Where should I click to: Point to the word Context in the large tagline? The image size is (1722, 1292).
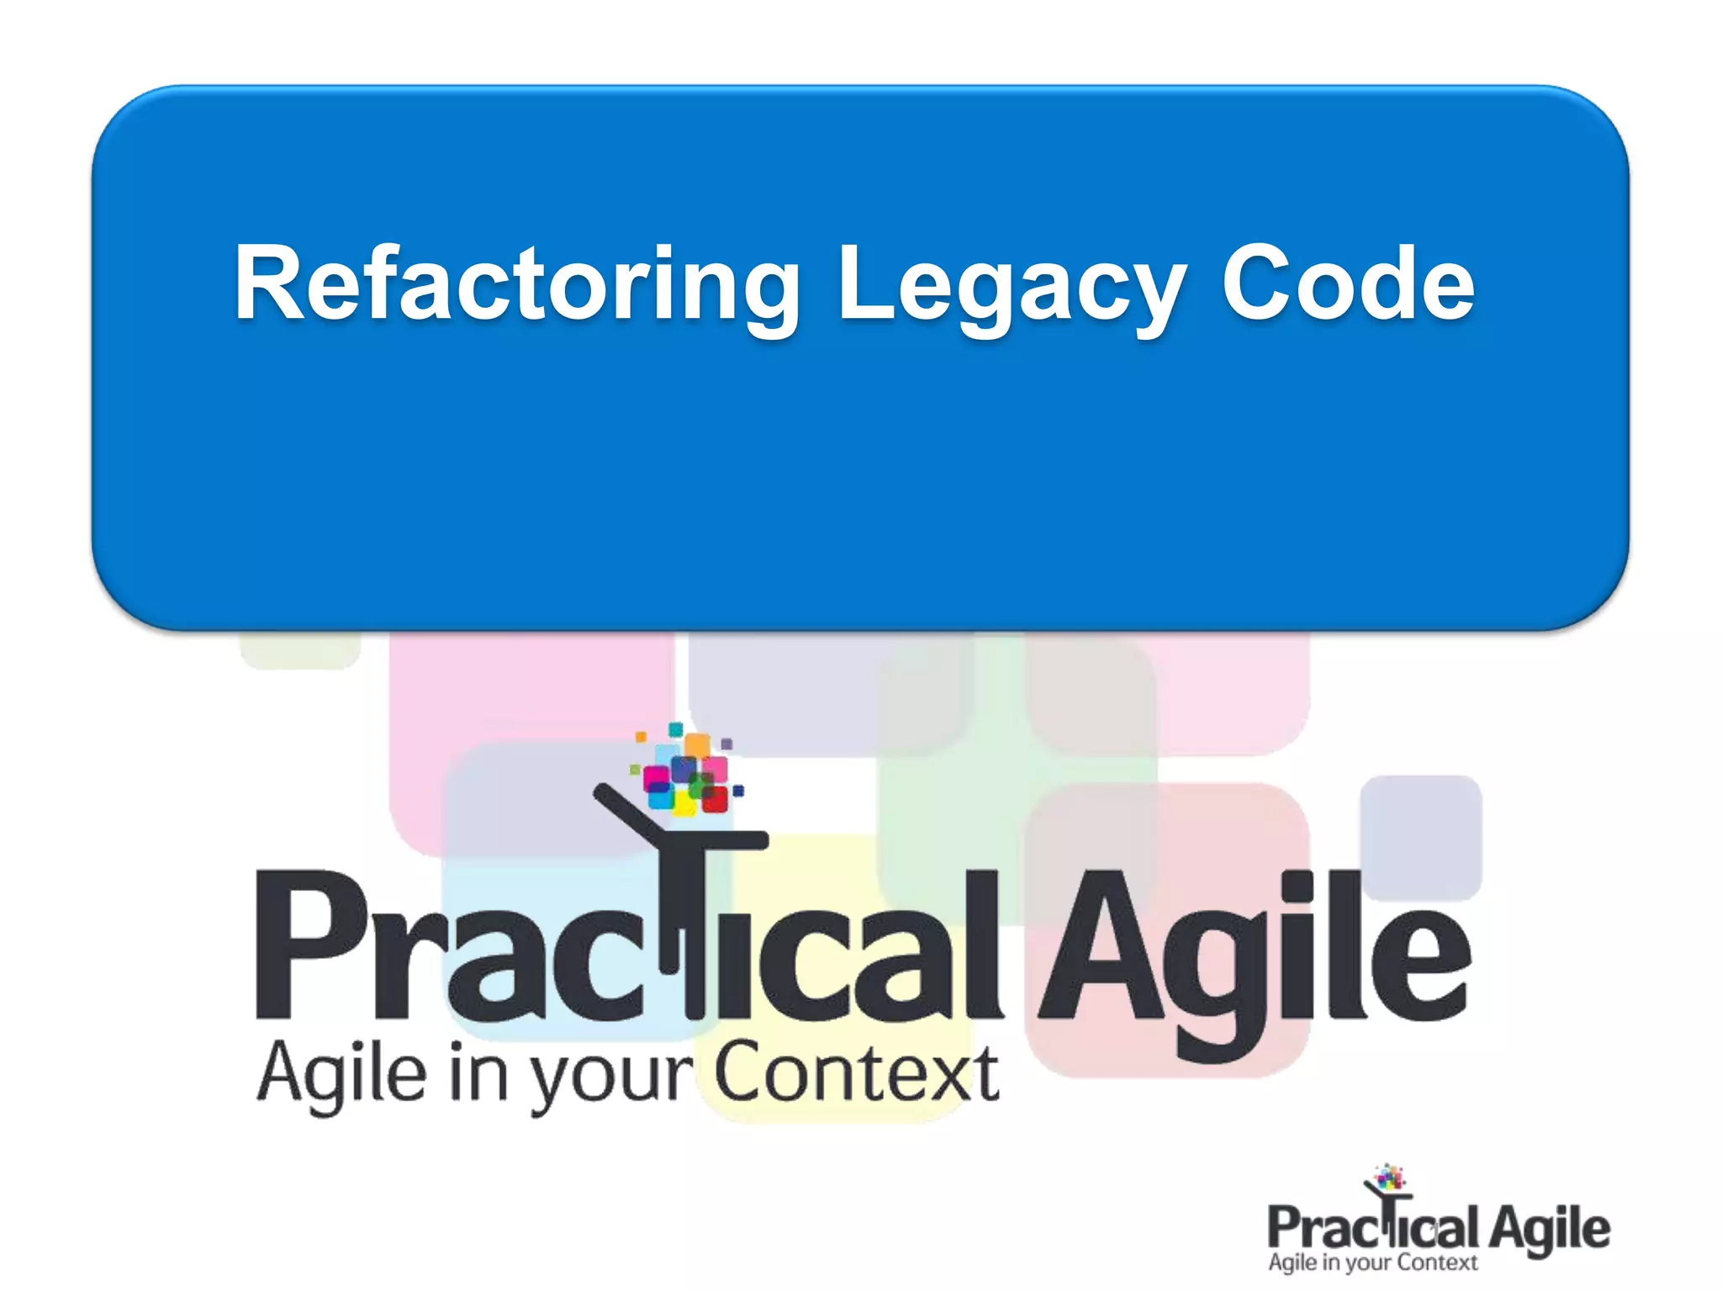(x=856, y=1072)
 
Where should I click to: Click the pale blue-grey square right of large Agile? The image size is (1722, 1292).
(x=1421, y=837)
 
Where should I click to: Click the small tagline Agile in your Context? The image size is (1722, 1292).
(x=1372, y=1263)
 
